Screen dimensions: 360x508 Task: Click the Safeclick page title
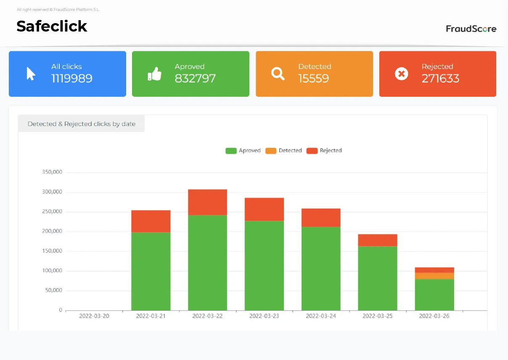[52, 26]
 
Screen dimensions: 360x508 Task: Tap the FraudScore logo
[471, 29]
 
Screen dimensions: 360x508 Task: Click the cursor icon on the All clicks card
[31, 74]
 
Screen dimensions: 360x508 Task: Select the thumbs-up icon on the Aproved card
[155, 74]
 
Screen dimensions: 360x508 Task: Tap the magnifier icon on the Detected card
[278, 74]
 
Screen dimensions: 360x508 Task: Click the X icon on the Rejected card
[401, 74]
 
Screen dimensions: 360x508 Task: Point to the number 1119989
[71, 79]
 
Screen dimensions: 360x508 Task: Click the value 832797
[195, 79]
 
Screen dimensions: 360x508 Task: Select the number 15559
[313, 79]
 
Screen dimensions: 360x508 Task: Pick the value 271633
[440, 79]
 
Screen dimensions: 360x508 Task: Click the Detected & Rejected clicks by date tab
[81, 124]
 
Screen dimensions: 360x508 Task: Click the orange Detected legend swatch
[271, 151]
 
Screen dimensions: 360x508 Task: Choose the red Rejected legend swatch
[312, 151]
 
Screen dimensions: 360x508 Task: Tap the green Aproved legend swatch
[231, 151]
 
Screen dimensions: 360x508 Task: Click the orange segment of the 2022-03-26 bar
[434, 276]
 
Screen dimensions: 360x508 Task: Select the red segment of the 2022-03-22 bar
[207, 202]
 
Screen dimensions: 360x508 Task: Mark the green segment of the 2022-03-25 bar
[378, 278]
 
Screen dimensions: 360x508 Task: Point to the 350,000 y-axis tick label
[52, 172]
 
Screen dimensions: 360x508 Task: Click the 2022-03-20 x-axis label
[94, 316]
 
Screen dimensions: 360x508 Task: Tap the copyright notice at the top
[58, 10]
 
